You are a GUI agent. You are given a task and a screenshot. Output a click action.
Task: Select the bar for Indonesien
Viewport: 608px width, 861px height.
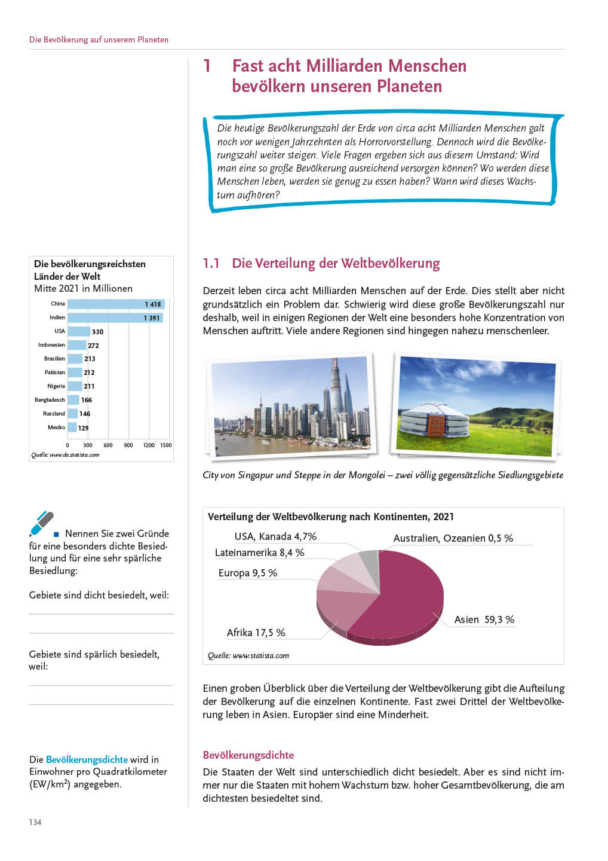click(x=76, y=345)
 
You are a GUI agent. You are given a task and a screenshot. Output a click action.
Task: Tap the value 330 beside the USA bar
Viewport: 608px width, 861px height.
click(x=97, y=332)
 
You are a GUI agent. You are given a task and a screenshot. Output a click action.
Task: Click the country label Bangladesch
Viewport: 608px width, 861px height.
click(x=50, y=400)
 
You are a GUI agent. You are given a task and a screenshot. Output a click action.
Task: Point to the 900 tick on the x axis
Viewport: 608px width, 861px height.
click(x=128, y=445)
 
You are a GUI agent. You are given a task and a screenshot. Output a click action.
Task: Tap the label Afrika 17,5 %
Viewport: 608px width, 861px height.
click(x=256, y=633)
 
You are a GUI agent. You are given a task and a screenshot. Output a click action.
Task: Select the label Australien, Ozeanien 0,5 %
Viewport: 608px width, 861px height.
click(x=453, y=538)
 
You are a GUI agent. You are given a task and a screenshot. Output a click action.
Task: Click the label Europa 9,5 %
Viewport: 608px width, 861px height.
click(x=248, y=573)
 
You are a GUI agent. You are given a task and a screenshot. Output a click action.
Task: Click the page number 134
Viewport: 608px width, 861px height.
click(x=35, y=822)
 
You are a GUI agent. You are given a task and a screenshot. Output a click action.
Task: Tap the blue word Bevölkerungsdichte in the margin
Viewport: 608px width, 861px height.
click(x=87, y=759)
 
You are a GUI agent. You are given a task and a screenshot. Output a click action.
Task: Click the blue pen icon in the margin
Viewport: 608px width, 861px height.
click(x=41, y=523)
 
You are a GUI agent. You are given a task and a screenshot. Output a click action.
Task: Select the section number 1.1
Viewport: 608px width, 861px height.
click(x=211, y=263)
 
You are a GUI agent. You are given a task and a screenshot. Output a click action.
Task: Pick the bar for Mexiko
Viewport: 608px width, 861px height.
click(x=72, y=428)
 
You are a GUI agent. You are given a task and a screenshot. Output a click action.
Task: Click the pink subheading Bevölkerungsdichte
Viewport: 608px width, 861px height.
click(x=248, y=755)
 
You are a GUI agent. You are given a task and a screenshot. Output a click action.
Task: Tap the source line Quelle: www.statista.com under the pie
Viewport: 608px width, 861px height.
click(x=248, y=655)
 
